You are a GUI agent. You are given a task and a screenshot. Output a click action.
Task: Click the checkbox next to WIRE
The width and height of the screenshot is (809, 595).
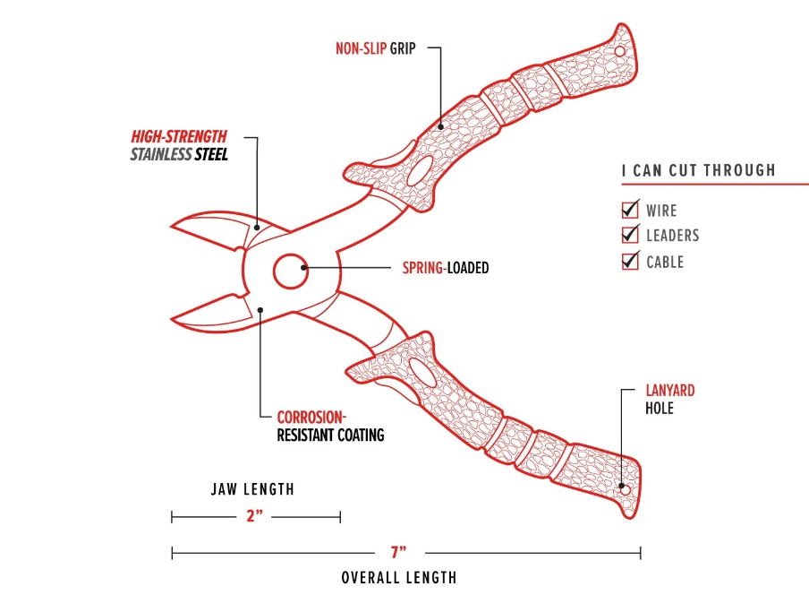click(x=630, y=211)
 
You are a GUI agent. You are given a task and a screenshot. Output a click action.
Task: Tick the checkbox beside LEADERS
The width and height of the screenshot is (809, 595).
click(x=630, y=236)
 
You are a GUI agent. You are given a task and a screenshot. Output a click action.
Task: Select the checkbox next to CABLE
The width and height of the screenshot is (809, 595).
click(x=630, y=262)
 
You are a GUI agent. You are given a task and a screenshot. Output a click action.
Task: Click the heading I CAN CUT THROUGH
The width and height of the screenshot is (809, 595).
click(x=698, y=170)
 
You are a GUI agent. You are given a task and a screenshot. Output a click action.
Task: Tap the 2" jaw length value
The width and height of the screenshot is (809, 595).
click(x=255, y=517)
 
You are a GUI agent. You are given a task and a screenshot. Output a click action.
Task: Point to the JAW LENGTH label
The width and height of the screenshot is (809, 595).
click(x=252, y=490)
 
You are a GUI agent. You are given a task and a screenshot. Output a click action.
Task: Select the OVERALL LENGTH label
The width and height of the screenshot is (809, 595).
click(x=399, y=578)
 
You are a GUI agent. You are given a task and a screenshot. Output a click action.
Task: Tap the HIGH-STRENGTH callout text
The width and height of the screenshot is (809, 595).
click(x=179, y=137)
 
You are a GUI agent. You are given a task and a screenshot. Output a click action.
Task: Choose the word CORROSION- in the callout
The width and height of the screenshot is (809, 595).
click(x=311, y=418)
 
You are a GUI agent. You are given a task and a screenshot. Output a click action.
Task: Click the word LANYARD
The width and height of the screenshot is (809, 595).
click(x=670, y=391)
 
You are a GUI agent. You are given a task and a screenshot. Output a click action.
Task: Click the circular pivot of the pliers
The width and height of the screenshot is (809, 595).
click(x=290, y=270)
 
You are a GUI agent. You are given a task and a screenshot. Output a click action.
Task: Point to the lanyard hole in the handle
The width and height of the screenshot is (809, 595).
click(x=626, y=490)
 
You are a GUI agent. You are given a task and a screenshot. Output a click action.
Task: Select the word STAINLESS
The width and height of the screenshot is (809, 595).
click(x=161, y=155)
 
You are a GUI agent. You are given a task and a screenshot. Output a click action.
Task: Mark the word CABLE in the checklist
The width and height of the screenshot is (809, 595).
click(x=665, y=262)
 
